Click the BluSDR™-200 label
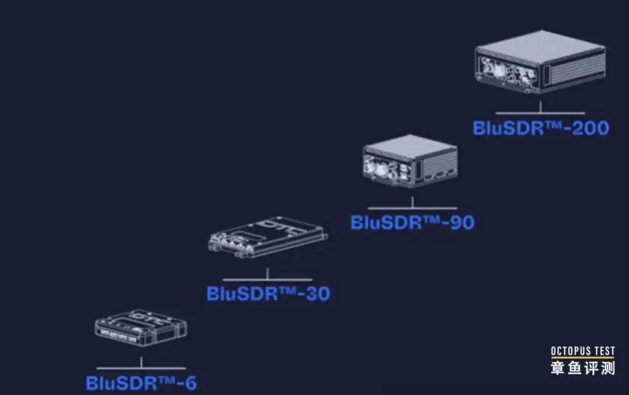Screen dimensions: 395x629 (x=541, y=128)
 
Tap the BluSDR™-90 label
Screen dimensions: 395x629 (x=412, y=222)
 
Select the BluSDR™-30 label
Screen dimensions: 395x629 (x=268, y=293)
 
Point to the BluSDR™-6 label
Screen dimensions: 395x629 (x=141, y=383)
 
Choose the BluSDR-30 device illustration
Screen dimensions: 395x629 (x=267, y=237)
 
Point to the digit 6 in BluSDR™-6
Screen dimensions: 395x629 (x=190, y=383)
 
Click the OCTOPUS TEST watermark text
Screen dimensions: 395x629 (x=582, y=351)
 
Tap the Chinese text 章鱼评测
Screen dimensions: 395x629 (x=582, y=368)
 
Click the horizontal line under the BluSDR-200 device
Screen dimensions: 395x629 (x=540, y=113)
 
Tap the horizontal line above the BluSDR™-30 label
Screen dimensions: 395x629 (x=267, y=280)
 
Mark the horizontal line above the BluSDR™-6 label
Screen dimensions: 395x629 (x=141, y=368)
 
